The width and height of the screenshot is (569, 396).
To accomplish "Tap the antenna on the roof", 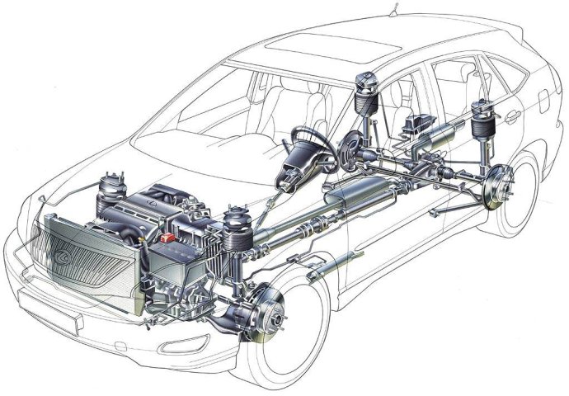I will click(393, 10).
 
